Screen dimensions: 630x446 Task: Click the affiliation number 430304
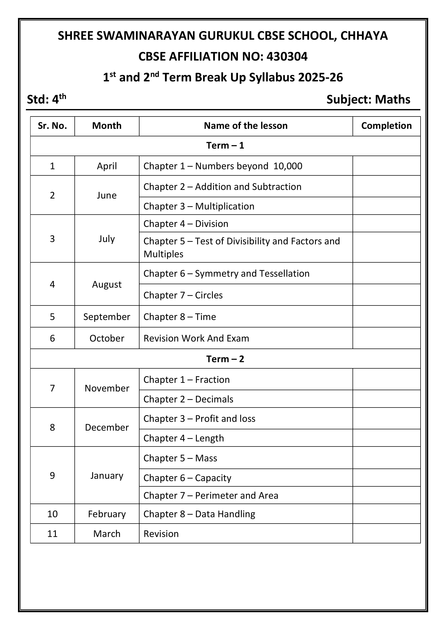point(287,57)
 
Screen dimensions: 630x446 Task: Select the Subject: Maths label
point(368,99)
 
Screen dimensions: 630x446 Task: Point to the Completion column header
point(386,126)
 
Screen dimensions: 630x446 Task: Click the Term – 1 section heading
point(225,146)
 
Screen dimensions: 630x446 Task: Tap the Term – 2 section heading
point(225,359)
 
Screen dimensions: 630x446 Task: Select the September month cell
point(107,317)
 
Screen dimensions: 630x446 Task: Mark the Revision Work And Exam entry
point(196,338)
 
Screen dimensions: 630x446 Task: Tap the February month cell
point(107,514)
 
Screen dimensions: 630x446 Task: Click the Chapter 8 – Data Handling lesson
point(199,514)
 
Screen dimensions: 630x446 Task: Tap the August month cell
point(107,284)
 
